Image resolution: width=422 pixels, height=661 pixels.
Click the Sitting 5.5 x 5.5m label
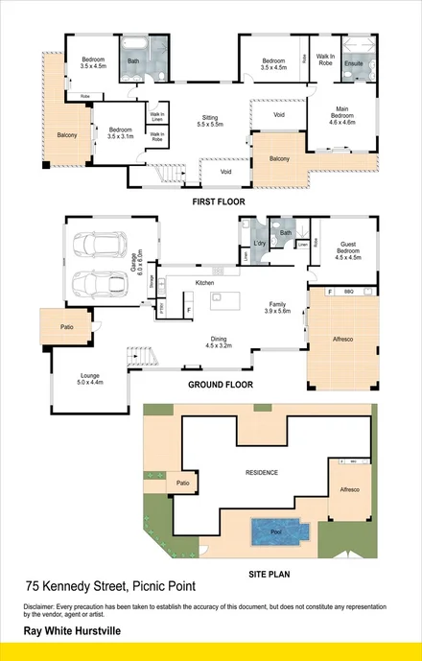click(x=209, y=121)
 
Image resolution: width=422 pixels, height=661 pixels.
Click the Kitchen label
click(x=204, y=283)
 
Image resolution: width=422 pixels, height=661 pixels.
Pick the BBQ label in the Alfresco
click(x=348, y=292)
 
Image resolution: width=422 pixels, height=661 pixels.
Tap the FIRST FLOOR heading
click(x=220, y=202)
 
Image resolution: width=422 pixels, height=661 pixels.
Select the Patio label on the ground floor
click(x=65, y=327)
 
